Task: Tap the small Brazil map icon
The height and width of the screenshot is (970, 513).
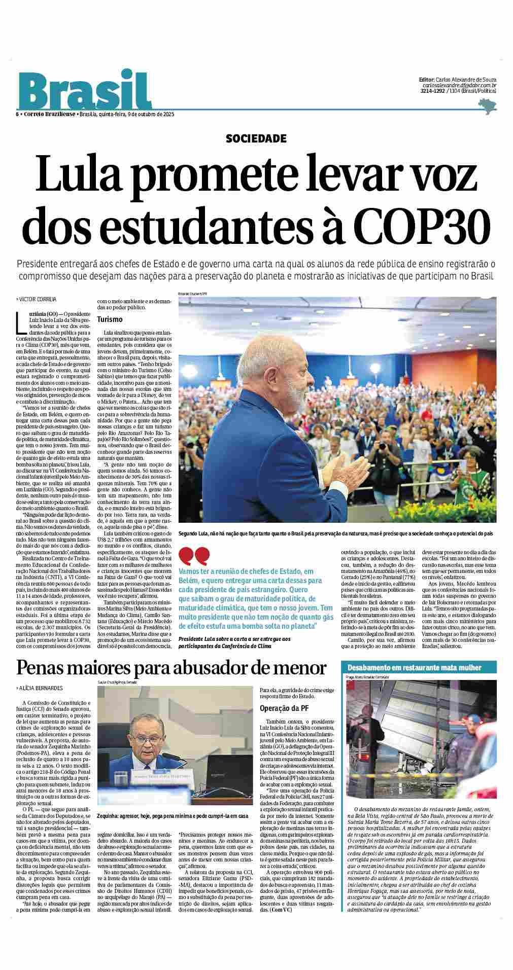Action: (x=487, y=106)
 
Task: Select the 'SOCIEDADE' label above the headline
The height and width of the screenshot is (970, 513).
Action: (x=256, y=138)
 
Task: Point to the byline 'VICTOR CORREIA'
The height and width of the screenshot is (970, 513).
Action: (x=38, y=299)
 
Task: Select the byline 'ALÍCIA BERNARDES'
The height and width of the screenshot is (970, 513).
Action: (x=41, y=688)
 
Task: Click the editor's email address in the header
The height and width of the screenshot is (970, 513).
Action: (x=459, y=86)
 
